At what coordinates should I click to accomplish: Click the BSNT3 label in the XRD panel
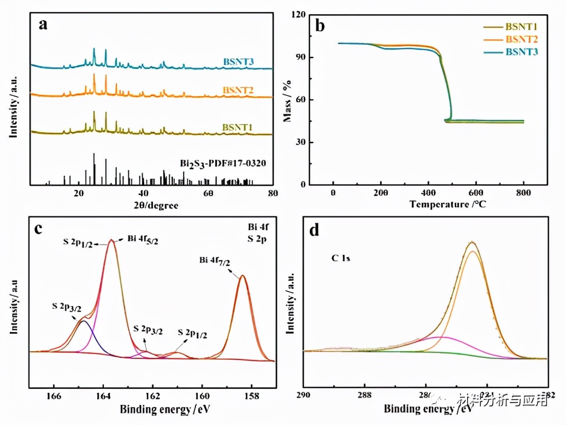pyautogui.click(x=239, y=62)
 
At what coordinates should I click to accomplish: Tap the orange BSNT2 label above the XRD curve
pyautogui.click(x=239, y=90)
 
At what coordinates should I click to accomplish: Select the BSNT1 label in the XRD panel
pyautogui.click(x=237, y=127)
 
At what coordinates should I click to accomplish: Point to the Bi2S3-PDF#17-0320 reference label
pyautogui.click(x=219, y=163)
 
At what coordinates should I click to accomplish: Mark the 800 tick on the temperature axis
pyautogui.click(x=523, y=194)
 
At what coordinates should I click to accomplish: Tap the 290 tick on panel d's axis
pyautogui.click(x=304, y=394)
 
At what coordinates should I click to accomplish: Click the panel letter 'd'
pyautogui.click(x=314, y=230)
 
